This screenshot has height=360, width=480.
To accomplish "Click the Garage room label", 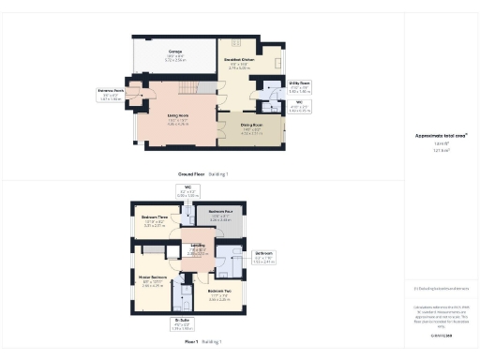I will [x=175, y=52].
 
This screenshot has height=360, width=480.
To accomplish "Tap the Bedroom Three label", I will [x=154, y=220].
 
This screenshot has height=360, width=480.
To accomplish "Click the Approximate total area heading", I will [x=440, y=136].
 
